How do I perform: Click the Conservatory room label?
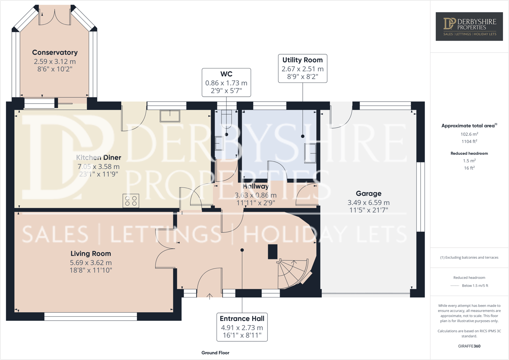pyautogui.click(x=55, y=53)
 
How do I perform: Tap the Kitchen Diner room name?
pyautogui.click(x=99, y=157)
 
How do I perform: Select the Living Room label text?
pyautogui.click(x=91, y=254)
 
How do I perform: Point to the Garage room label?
pyautogui.click(x=368, y=193)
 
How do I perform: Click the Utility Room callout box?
pyautogui.click(x=302, y=68)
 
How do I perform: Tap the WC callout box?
pyautogui.click(x=226, y=82)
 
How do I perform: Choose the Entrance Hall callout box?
pyautogui.click(x=242, y=327)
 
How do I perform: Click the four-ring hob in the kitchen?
pyautogui.click(x=131, y=201)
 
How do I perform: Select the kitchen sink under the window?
pyautogui.click(x=170, y=116)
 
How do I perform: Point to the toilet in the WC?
pyautogui.click(x=226, y=118)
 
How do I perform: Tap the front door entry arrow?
pyautogui.click(x=209, y=296)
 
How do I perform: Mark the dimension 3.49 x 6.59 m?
pyautogui.click(x=368, y=203)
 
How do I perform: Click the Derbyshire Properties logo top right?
pyautogui.click(x=470, y=27)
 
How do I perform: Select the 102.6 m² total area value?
pyautogui.click(x=469, y=134)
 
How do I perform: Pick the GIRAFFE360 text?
pyautogui.click(x=469, y=346)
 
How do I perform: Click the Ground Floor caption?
pyautogui.click(x=215, y=353)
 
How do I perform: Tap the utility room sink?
pyautogui.click(x=310, y=153)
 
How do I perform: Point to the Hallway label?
pyautogui.click(x=255, y=186)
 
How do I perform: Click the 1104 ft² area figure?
pyautogui.click(x=469, y=141)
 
